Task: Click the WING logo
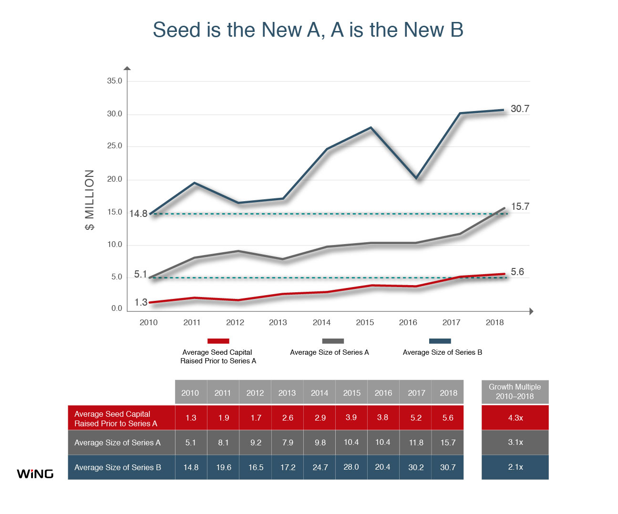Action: pos(35,473)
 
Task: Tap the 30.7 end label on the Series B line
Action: pos(520,109)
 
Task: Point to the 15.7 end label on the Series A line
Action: pos(520,206)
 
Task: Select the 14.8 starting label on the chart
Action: pos(138,214)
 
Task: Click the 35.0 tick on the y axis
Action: pos(114,81)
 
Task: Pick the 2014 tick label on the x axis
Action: pos(321,322)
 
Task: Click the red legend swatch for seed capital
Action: pos(218,341)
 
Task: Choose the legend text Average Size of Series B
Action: pos(442,352)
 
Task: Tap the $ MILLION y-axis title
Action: pos(89,200)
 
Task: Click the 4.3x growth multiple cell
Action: pos(515,418)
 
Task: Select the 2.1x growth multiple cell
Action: pos(515,467)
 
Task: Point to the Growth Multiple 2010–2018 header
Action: pos(515,392)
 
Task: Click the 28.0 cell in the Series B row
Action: pos(351,467)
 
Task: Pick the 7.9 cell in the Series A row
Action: pos(288,442)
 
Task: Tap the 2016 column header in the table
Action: pos(383,393)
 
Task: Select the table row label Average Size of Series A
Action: pos(117,442)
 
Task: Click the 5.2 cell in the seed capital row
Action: pos(416,418)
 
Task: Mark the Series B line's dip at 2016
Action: pos(417,178)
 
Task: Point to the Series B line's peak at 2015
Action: pos(371,128)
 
